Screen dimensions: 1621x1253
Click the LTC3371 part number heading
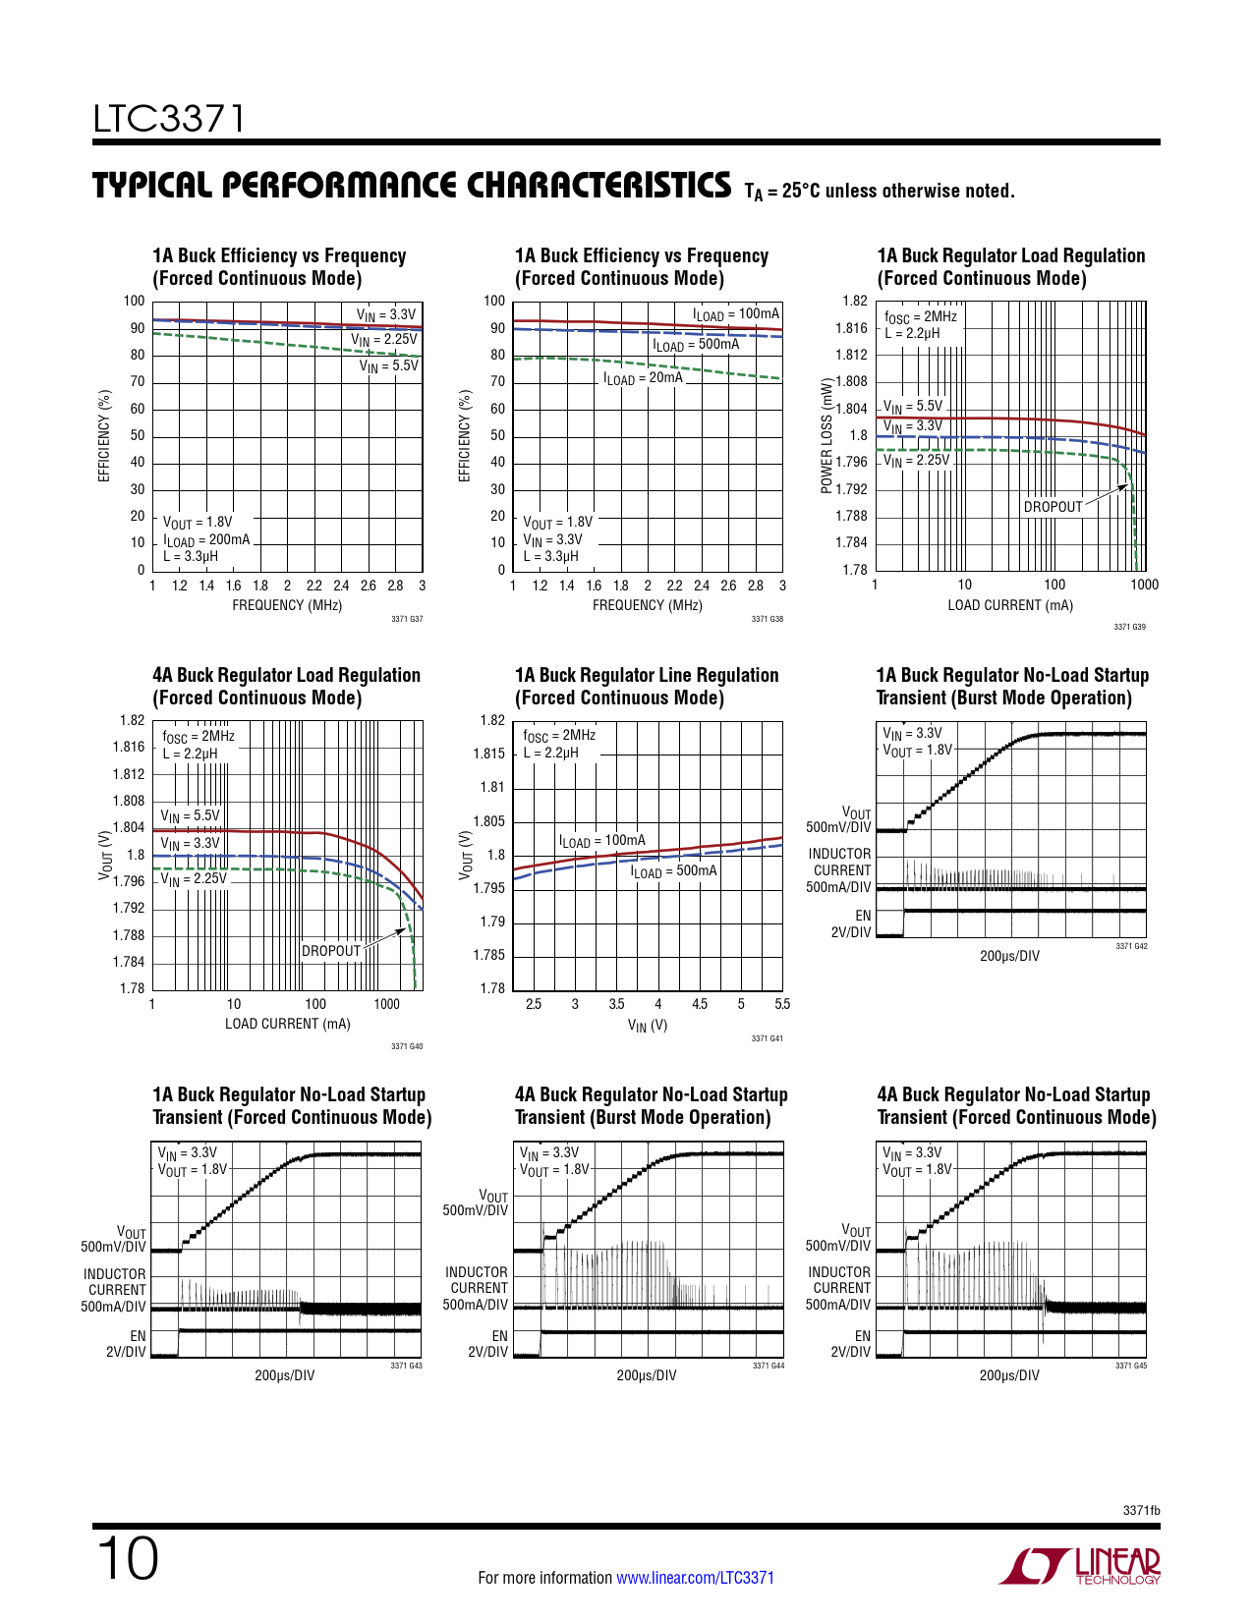pos(168,119)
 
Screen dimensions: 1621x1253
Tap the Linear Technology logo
pos(1080,1566)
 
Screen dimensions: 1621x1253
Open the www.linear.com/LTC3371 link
pos(695,1578)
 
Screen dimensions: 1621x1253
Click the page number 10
pos(127,1559)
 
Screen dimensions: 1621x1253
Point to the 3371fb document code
pos(1141,1510)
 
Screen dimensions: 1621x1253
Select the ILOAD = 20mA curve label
pos(643,378)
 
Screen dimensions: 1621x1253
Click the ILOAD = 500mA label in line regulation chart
pos(673,871)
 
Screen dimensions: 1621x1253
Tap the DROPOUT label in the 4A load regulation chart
pos(331,951)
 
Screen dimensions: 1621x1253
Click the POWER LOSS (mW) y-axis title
pos(827,435)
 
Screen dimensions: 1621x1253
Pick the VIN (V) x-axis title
pos(648,1026)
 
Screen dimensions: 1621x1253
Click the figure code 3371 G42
pos(1131,946)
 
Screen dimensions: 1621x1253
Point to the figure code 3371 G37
pos(407,619)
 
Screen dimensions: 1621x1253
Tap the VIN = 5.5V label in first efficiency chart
pos(388,366)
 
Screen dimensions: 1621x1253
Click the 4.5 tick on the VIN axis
pos(699,1004)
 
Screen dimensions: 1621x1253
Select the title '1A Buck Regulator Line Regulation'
pos(647,675)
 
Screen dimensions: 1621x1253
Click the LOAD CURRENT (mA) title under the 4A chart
pos(287,1024)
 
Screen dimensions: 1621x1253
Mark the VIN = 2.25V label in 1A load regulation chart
pos(916,460)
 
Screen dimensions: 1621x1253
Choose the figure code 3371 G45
pos(1131,1366)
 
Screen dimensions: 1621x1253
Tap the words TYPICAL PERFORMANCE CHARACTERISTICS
pos(412,186)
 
